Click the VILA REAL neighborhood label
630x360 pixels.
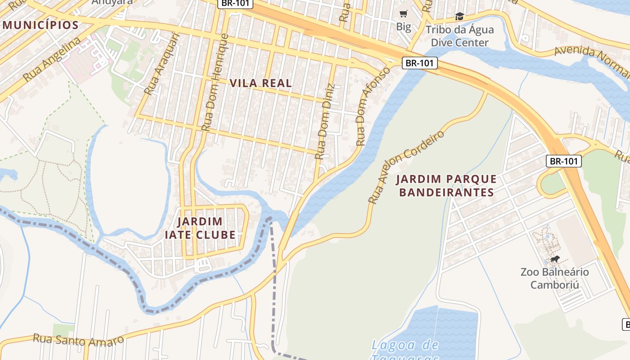[x=261, y=83]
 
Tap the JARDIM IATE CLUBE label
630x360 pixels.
[x=200, y=228]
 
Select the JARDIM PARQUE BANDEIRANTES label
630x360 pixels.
[x=446, y=186]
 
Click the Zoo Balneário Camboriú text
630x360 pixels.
[x=554, y=279]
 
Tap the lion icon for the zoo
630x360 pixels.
[x=555, y=259]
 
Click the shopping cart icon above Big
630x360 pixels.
[x=404, y=14]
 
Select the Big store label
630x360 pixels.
[x=404, y=27]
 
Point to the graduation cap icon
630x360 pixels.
[x=459, y=17]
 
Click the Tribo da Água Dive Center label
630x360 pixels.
[x=459, y=36]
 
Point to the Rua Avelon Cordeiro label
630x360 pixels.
[x=405, y=167]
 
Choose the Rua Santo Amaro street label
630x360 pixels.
[x=78, y=339]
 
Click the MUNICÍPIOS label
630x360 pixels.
[x=41, y=25]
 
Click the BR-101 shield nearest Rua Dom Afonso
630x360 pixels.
[x=419, y=63]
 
